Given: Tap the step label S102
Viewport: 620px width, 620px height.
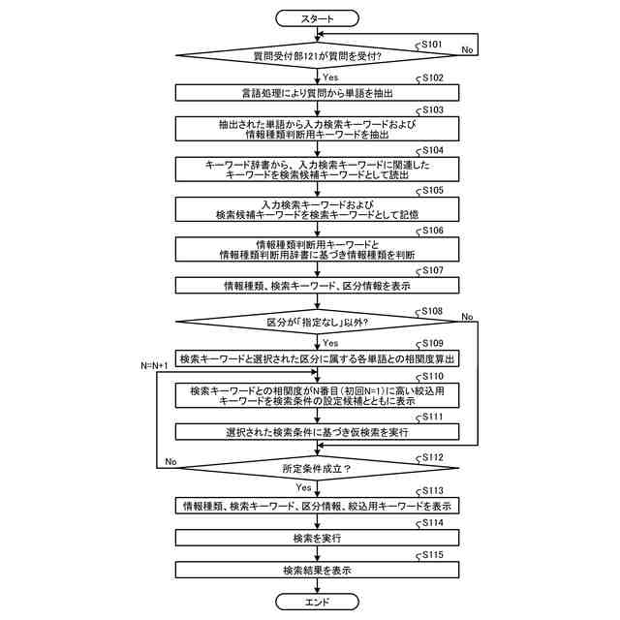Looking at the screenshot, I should tap(430, 77).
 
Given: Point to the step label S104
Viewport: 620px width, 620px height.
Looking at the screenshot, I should tap(430, 151).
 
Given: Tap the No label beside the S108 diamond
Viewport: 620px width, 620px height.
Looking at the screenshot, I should tap(468, 317).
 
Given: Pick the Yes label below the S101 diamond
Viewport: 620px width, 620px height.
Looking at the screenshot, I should tap(329, 77).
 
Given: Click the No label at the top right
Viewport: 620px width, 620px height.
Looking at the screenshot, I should tap(468, 47).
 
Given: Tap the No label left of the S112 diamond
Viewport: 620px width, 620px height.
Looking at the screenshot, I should tap(170, 462).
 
